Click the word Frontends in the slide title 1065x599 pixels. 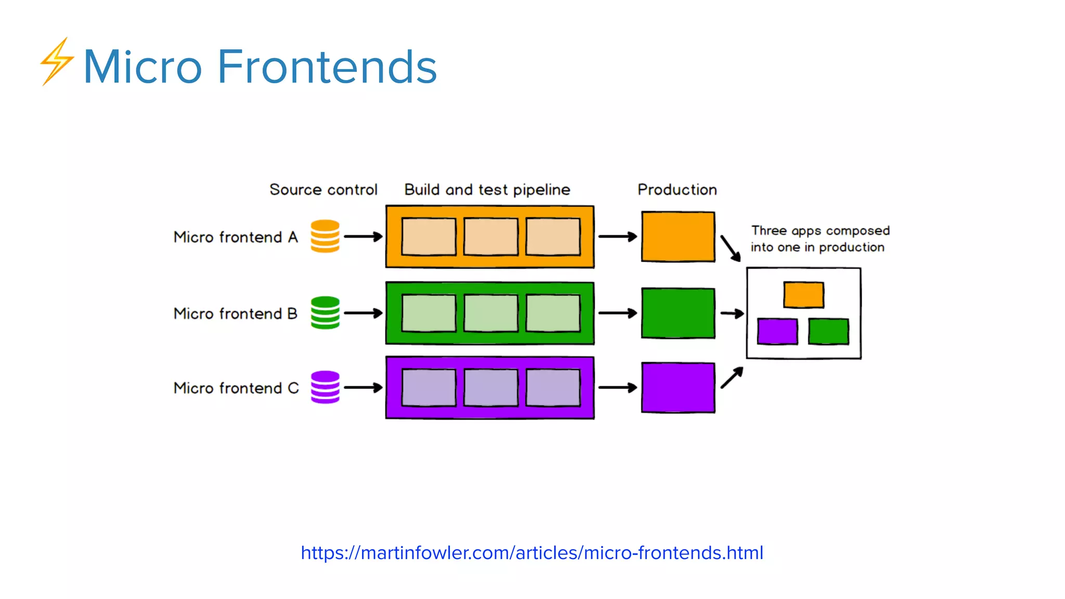[x=327, y=67]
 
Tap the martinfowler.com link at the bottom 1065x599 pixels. [x=531, y=553]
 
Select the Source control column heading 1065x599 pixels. [x=323, y=190]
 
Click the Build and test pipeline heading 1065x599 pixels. [x=487, y=190]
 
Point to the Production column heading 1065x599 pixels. [x=677, y=190]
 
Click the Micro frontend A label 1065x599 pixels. [x=236, y=237]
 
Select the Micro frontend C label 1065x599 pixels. [x=236, y=388]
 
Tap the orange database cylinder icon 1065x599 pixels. [x=325, y=236]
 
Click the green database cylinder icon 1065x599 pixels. [x=325, y=312]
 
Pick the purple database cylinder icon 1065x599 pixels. [x=325, y=387]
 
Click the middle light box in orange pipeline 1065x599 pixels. [x=490, y=237]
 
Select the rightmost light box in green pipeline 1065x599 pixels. [x=553, y=313]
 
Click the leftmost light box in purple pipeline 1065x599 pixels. [x=428, y=387]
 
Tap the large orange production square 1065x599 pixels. [x=678, y=237]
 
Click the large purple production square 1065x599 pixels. [x=678, y=387]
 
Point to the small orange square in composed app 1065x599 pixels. [x=803, y=295]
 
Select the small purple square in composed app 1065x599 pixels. [x=777, y=332]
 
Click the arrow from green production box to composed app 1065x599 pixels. [x=732, y=314]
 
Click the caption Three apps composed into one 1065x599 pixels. [x=819, y=239]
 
